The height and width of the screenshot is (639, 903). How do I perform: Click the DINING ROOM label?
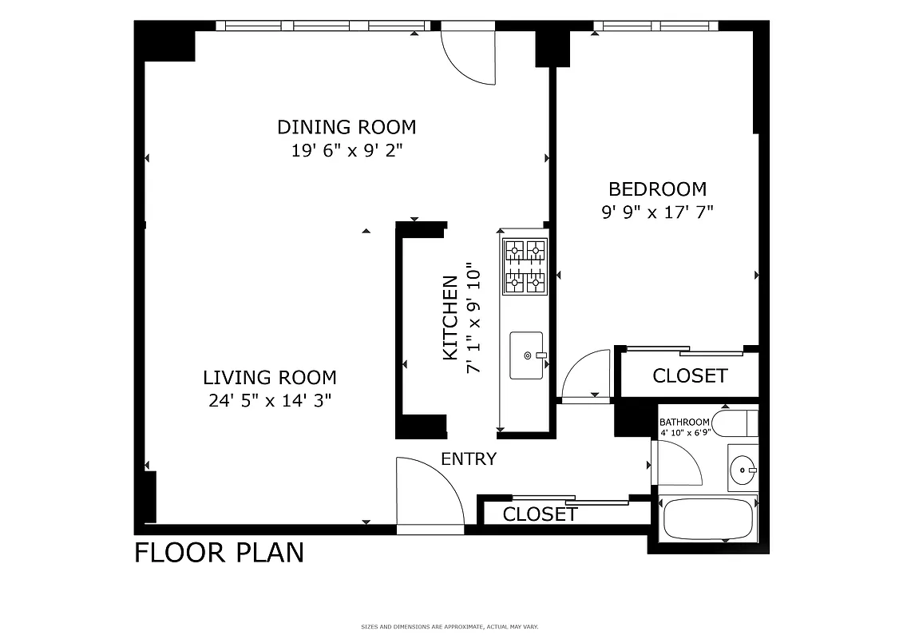[347, 127]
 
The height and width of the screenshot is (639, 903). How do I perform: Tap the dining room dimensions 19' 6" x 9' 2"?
[347, 150]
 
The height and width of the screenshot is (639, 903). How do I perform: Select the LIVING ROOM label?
[269, 377]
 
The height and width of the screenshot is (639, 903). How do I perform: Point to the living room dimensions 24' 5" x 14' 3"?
[269, 401]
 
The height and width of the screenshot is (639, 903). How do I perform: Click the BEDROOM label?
[657, 189]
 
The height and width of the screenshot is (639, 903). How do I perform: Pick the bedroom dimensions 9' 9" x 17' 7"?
[657, 212]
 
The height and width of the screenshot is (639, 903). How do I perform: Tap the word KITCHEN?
[450, 317]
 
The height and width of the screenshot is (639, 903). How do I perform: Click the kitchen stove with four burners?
[525, 267]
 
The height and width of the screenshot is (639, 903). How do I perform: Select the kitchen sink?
[527, 355]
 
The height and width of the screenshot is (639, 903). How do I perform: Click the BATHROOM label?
[684, 423]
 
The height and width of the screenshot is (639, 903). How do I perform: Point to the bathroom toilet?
[734, 422]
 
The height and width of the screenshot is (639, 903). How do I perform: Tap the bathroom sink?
[743, 470]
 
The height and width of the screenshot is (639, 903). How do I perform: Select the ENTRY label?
[469, 459]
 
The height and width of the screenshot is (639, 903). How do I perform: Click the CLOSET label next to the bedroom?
[690, 375]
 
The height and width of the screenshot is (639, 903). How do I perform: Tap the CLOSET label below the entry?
[540, 514]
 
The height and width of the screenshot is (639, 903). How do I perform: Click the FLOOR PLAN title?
[219, 553]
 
